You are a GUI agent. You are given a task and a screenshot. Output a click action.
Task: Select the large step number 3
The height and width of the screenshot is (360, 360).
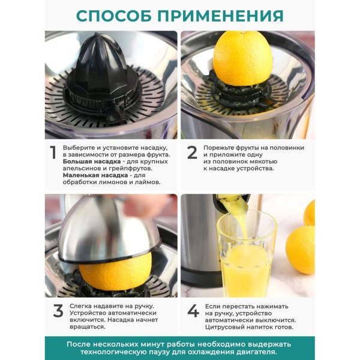pos(58,311)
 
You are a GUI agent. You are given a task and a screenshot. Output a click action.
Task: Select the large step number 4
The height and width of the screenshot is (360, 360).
pos(193,311)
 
